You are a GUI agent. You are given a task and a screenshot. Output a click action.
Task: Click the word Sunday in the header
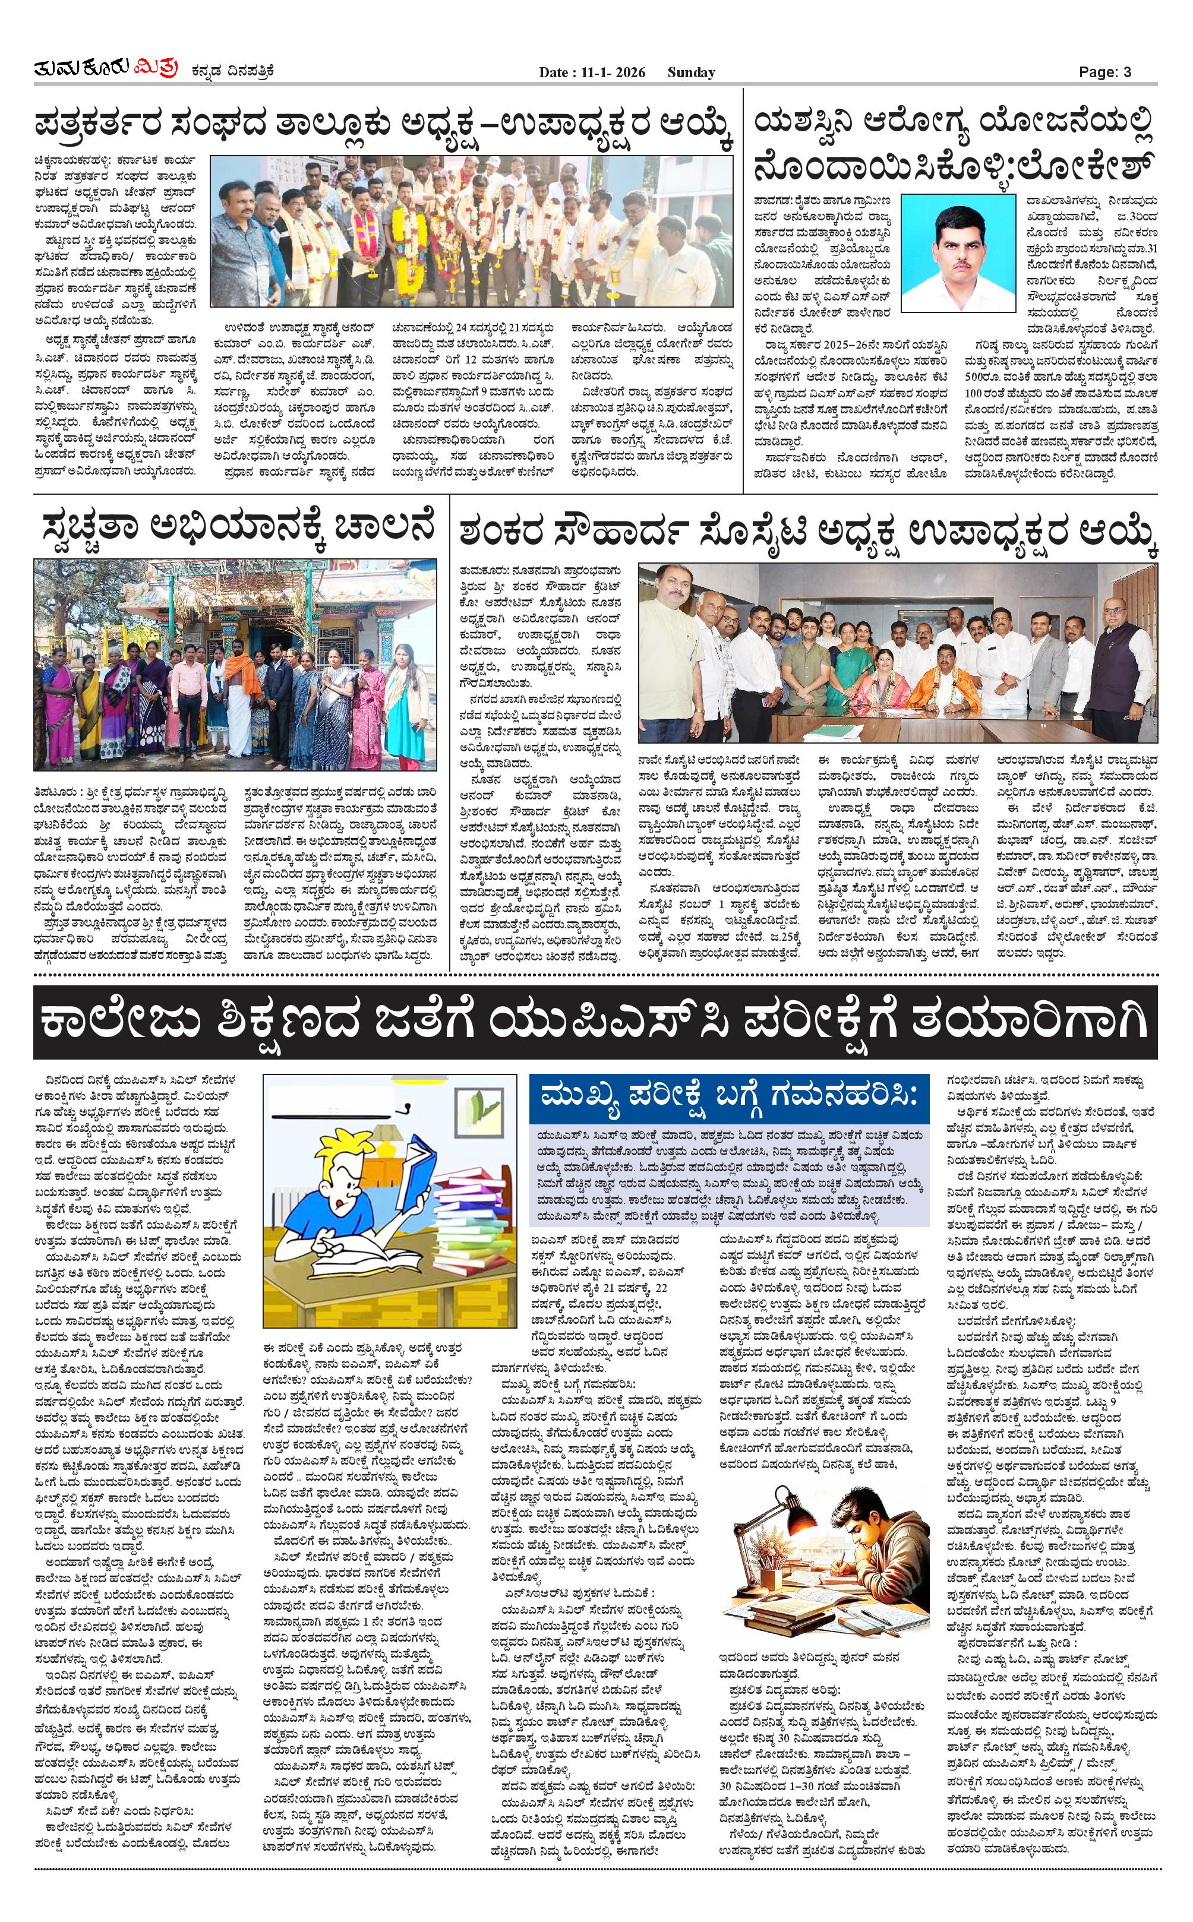click(x=690, y=72)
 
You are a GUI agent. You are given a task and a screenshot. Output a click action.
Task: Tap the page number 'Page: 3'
click(x=1104, y=72)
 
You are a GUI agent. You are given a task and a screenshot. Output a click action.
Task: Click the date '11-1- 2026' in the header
click(x=608, y=72)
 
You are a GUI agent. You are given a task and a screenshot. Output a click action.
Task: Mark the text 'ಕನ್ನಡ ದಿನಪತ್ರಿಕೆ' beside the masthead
click(x=233, y=72)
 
